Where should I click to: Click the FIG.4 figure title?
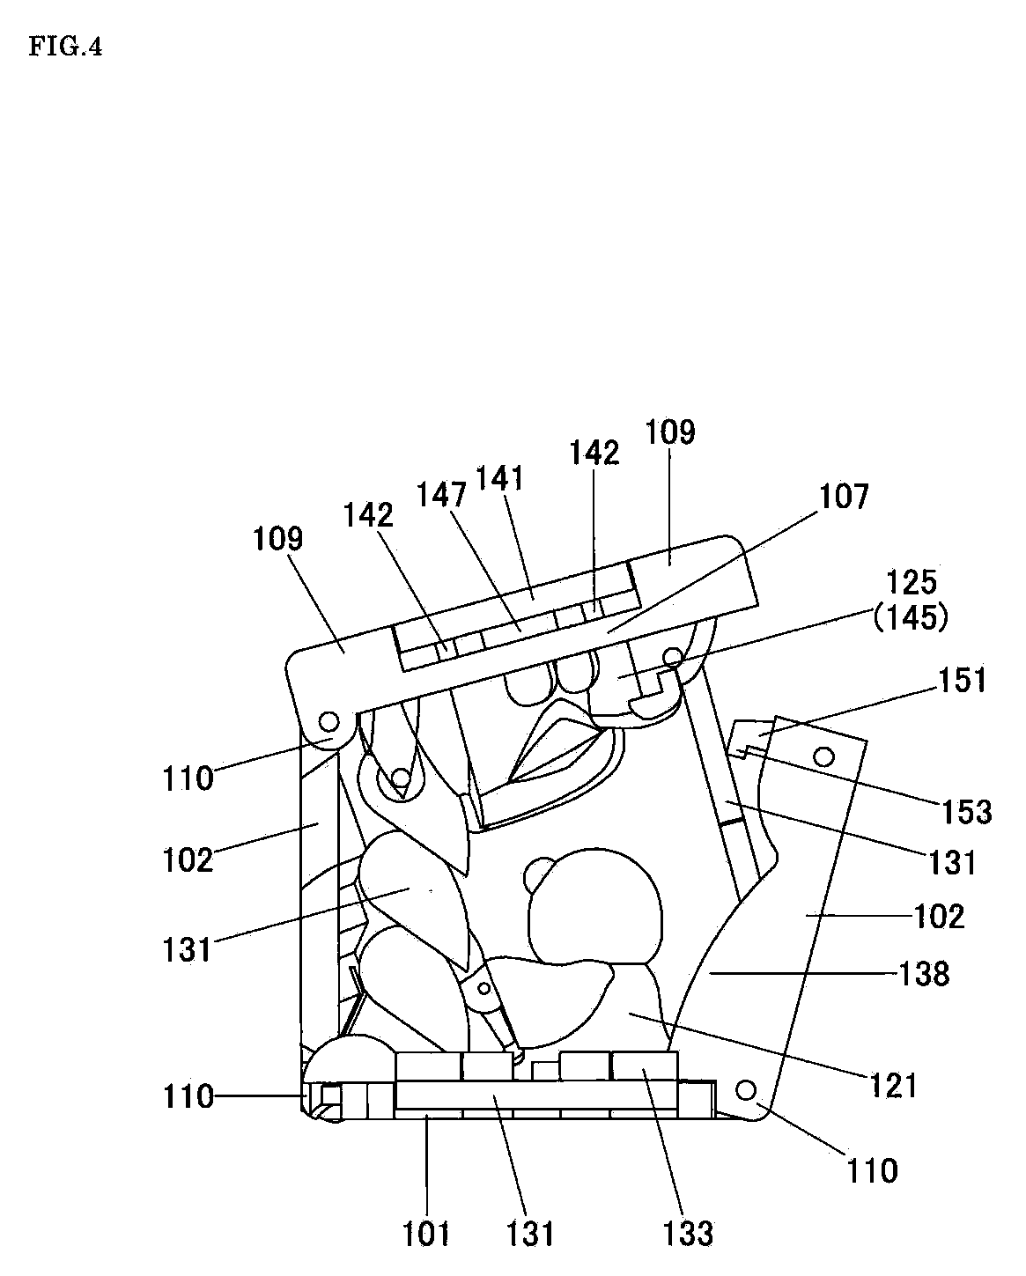[x=65, y=48]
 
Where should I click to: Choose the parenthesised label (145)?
[x=911, y=618]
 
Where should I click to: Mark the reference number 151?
[x=962, y=680]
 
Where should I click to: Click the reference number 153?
[x=967, y=811]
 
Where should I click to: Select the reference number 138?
[x=925, y=974]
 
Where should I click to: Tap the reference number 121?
[x=894, y=1085]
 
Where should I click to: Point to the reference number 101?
[x=427, y=1233]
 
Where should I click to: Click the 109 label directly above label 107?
[x=670, y=432]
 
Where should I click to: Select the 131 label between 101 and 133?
[x=532, y=1233]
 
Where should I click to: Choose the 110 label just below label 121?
[x=872, y=1170]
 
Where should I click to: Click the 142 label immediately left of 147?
[x=369, y=515]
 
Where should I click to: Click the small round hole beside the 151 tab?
[x=825, y=756]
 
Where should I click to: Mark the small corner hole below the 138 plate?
[x=746, y=1090]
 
